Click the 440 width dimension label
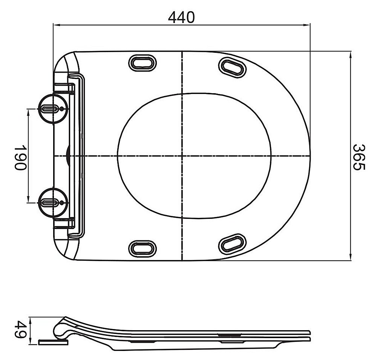pyautogui.click(x=181, y=17)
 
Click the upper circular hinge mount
pyautogui.click(x=53, y=109)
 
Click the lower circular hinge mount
pyautogui.click(x=53, y=202)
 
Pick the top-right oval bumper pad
pyautogui.click(x=232, y=68)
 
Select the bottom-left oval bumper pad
pyautogui.click(x=143, y=248)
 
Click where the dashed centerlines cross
pyautogui.click(x=182, y=155)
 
